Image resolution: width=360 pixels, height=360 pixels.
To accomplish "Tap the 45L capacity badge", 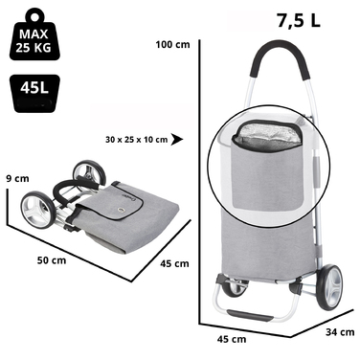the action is pos(34,93).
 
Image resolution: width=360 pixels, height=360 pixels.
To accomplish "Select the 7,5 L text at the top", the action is pos(299,21).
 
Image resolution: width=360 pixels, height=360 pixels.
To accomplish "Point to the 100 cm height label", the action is pos(172,44).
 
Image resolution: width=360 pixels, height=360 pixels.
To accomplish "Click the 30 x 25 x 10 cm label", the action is pos(136,140).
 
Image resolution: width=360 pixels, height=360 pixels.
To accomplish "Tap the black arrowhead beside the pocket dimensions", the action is pos(176,140).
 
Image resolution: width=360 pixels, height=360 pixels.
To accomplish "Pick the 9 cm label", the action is pos(17,178).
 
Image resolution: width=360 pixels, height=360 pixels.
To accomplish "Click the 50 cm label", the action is pos(52,260).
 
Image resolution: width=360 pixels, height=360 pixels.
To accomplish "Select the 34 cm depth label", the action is pos(340,332).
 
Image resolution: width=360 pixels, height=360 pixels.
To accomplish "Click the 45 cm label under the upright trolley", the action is pos(232,339).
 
